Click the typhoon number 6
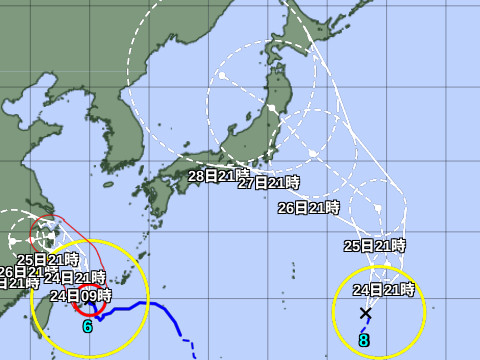click(x=87, y=326)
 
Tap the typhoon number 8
click(x=364, y=340)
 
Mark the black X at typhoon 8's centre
click(x=365, y=313)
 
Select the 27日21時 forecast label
click(x=269, y=183)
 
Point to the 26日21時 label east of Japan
click(x=309, y=208)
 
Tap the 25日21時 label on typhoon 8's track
click(x=375, y=245)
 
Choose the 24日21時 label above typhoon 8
click(x=384, y=290)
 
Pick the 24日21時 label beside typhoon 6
click(x=75, y=277)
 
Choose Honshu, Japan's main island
click(x=250, y=150)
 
